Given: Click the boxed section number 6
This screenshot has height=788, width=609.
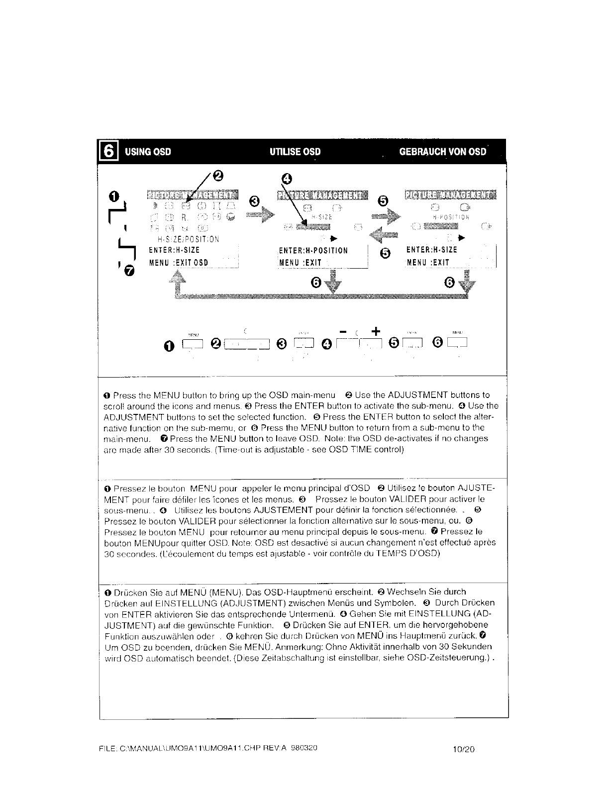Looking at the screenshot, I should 109,151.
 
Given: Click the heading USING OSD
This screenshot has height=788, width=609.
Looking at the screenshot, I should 148,152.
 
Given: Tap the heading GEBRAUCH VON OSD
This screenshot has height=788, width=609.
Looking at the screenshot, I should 442,152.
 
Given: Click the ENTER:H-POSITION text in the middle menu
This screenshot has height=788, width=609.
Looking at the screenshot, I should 314,251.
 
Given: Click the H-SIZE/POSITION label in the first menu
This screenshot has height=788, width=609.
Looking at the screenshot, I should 185,239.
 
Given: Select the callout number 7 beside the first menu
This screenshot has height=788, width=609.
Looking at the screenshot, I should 129,271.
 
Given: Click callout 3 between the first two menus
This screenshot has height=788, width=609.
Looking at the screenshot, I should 254,201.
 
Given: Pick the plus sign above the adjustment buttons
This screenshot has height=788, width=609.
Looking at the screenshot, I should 376,331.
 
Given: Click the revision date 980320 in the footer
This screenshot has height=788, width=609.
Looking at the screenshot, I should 304,747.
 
